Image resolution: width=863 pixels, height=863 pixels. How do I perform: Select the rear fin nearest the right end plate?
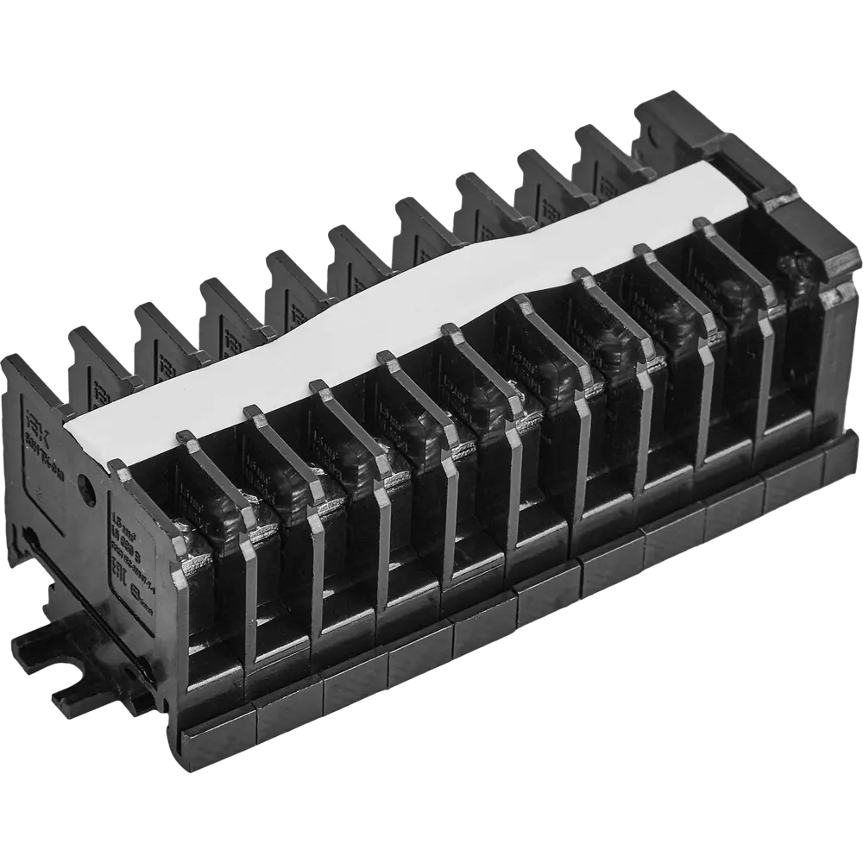click(x=604, y=155)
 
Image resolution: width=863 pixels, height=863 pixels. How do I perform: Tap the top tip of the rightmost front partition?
click(x=703, y=224)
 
